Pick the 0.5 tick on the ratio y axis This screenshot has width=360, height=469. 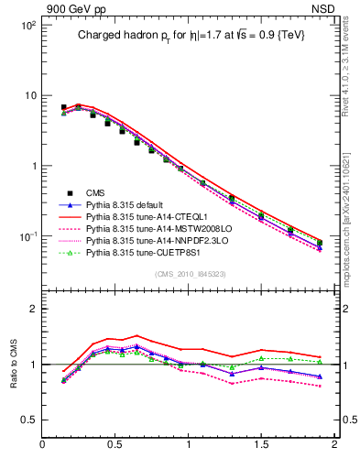(x=28, y=420)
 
